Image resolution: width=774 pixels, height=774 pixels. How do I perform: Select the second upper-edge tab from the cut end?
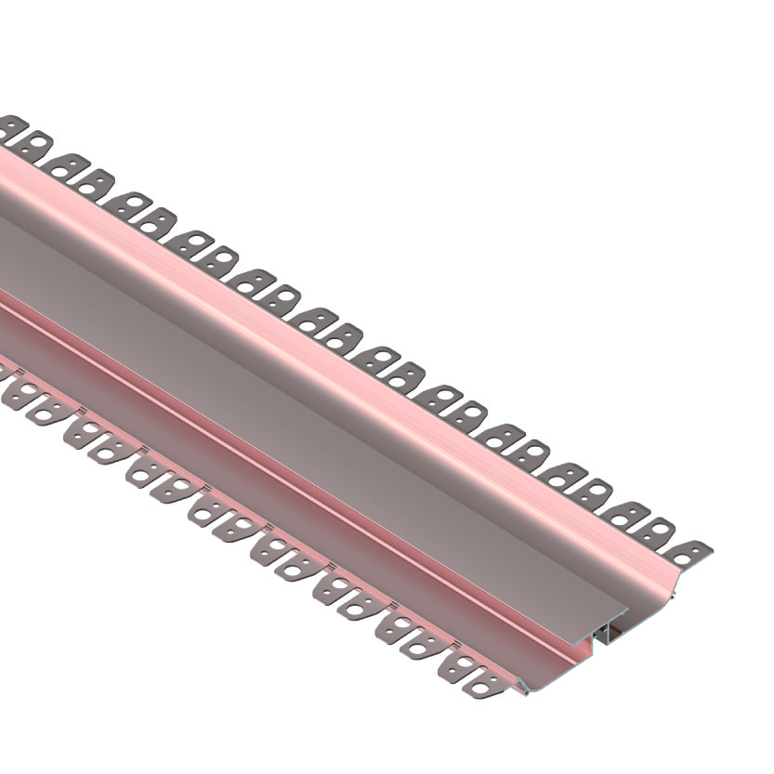point(658,531)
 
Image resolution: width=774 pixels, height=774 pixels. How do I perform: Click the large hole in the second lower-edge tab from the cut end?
point(458,663)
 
